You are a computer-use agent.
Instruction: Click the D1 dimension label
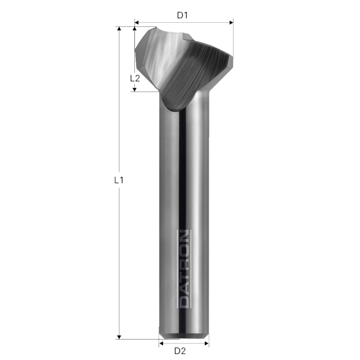point(183,15)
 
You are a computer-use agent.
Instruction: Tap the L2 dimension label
point(135,78)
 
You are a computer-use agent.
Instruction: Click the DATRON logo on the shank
point(184,269)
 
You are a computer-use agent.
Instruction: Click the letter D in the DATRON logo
point(184,302)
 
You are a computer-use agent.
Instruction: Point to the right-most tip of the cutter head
point(232,58)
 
